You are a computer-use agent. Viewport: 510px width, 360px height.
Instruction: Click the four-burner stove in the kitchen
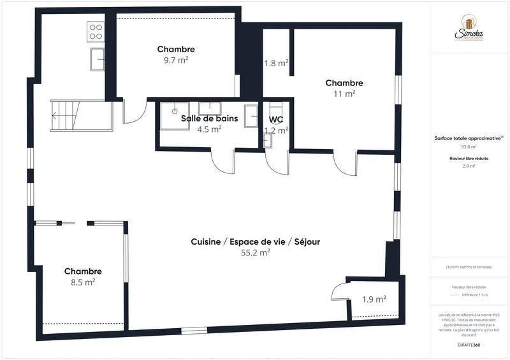pyautogui.click(x=96, y=32)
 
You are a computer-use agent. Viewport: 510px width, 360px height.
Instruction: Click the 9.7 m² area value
pyautogui.click(x=176, y=60)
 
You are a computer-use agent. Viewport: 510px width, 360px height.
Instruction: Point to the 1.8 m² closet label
pyautogui.click(x=276, y=63)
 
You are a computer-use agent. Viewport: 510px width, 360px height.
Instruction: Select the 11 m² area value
pyautogui.click(x=344, y=94)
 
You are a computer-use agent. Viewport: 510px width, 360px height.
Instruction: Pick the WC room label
pyautogui.click(x=276, y=119)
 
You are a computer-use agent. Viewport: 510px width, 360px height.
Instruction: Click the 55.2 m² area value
pyautogui.click(x=255, y=252)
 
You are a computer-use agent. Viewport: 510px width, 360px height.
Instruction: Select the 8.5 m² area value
pyautogui.click(x=82, y=282)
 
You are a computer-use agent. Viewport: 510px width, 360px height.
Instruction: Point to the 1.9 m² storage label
pyautogui.click(x=374, y=299)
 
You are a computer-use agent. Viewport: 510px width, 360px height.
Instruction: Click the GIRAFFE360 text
pyautogui.click(x=469, y=345)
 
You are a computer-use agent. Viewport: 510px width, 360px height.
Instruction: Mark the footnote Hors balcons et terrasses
pyautogui.click(x=469, y=267)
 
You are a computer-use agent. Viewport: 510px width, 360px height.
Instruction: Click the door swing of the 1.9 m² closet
pyautogui.click(x=338, y=292)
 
